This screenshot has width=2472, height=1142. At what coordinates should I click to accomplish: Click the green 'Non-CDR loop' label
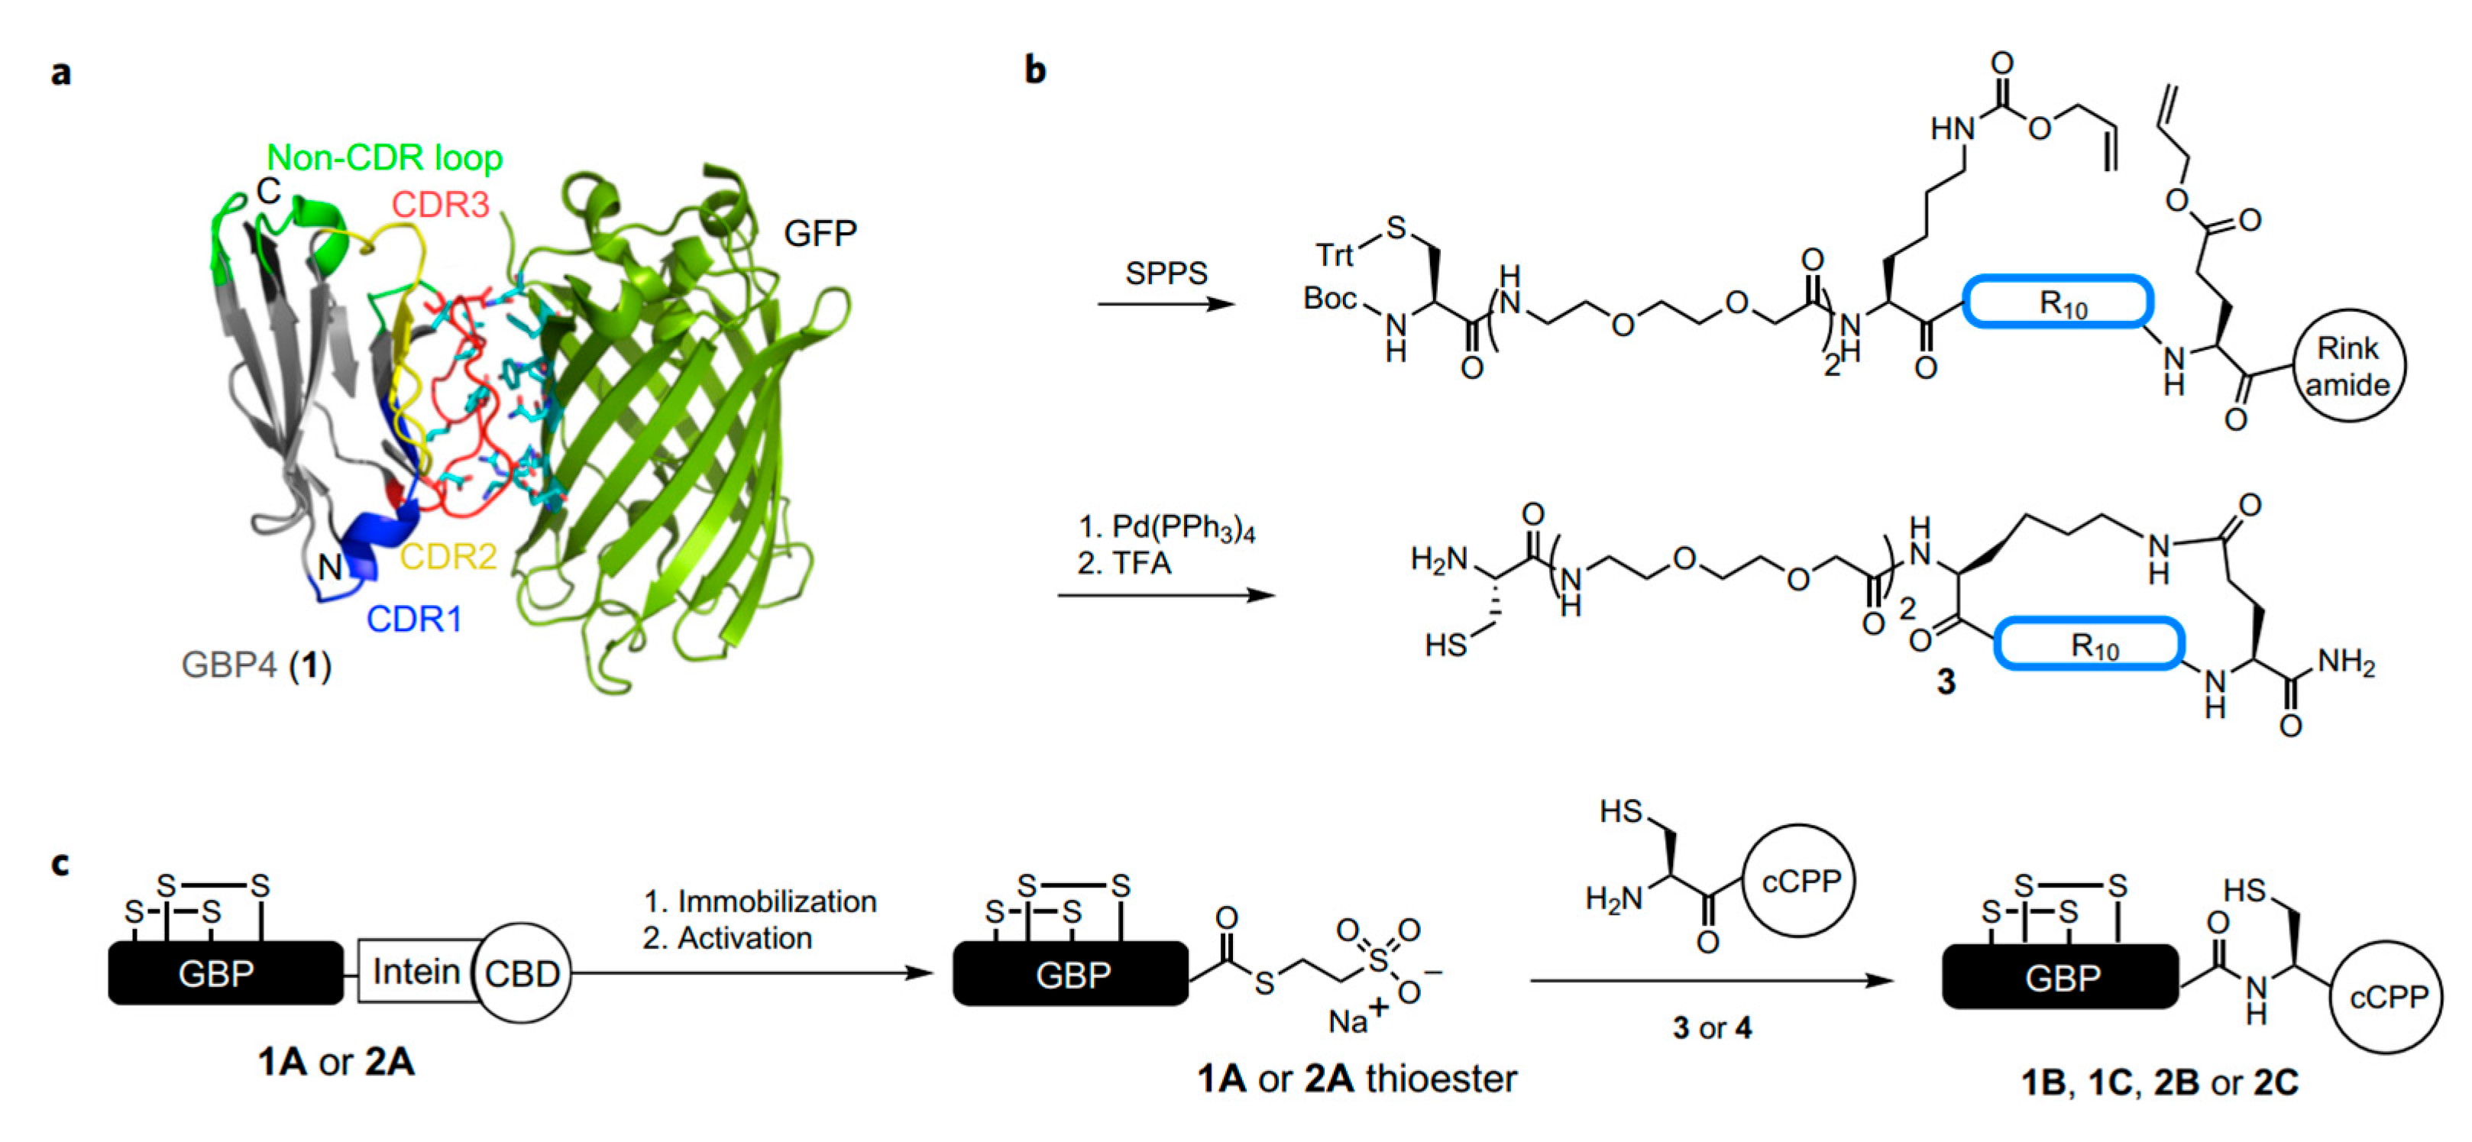pos(383,157)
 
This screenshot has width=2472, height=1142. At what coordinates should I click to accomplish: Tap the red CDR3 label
pos(441,205)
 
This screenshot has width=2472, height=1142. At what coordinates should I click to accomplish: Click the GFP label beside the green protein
pos(820,233)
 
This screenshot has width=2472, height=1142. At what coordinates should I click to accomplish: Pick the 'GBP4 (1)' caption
pos(256,664)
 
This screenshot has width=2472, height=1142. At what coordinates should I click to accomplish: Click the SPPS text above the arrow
pos(1166,273)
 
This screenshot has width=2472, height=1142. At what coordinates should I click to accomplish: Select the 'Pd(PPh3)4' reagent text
pos(1183,527)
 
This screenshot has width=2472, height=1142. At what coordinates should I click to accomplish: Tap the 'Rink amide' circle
pos(2347,366)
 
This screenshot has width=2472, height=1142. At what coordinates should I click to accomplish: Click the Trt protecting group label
pos(1334,255)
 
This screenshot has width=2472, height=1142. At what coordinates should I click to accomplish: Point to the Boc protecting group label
pos(1329,299)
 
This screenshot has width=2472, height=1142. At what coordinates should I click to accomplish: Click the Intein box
pos(416,972)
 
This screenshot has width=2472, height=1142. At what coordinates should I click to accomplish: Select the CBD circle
pos(522,974)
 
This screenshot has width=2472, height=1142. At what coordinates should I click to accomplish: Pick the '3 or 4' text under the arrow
pos(1711,1028)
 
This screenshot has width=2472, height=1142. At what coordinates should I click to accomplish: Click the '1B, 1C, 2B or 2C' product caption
pos(2159,1082)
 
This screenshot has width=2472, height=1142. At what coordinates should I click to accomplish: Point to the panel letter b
pos(1034,70)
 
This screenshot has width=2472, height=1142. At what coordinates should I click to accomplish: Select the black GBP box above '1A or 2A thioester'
pos(1071,974)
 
